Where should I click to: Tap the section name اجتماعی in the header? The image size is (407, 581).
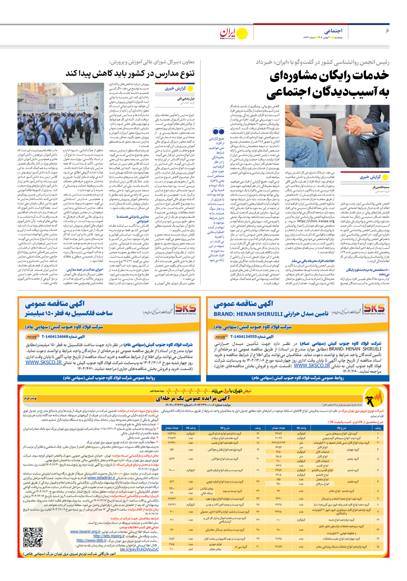[333, 31]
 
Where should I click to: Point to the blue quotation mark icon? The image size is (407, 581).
[218, 131]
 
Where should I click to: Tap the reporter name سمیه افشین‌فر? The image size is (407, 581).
[381, 187]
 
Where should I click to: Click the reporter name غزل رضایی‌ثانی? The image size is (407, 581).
[186, 99]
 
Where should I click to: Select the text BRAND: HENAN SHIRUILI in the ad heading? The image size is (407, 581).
[248, 314]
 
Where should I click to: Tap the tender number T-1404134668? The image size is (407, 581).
[55, 336]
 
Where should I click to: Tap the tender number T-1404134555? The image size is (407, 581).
[244, 337]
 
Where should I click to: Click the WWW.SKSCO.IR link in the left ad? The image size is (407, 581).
[44, 363]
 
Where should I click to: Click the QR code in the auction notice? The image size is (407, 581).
[33, 537]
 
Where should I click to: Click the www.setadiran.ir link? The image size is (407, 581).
[101, 478]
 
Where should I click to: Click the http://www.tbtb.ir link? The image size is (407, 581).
[91, 541]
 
